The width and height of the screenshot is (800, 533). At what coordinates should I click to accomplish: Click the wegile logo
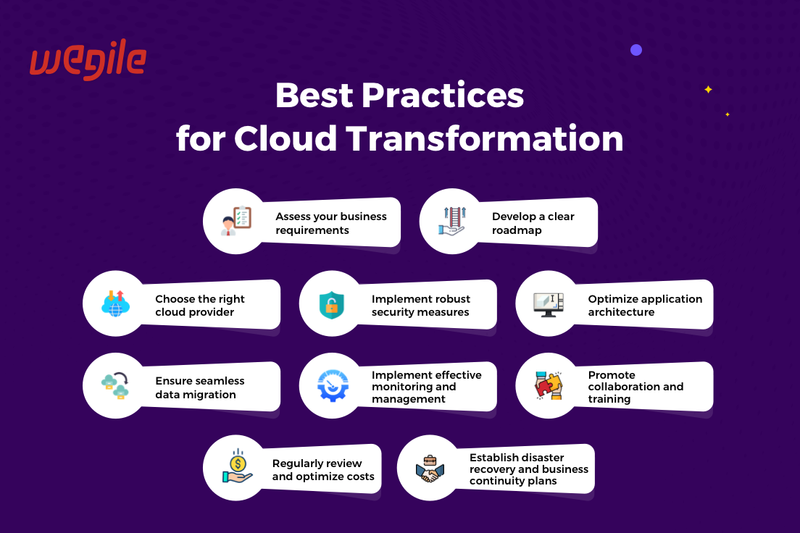(x=88, y=59)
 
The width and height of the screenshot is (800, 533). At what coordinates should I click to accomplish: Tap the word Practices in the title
(x=443, y=95)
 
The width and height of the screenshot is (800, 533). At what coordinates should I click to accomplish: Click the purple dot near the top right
(x=636, y=50)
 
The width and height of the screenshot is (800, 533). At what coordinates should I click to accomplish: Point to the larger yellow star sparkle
(x=708, y=90)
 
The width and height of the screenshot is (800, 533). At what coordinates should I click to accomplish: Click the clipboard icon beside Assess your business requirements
(x=236, y=221)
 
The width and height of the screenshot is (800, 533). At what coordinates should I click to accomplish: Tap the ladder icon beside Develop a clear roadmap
(x=452, y=221)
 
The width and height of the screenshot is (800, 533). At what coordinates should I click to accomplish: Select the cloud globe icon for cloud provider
(x=115, y=303)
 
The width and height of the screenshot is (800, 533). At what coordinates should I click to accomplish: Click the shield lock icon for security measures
(x=332, y=305)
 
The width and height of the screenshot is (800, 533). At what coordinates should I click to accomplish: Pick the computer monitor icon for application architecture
(x=549, y=304)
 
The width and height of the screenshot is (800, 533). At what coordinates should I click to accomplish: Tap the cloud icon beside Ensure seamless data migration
(x=115, y=385)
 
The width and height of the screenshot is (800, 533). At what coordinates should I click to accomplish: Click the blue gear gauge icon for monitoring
(x=332, y=385)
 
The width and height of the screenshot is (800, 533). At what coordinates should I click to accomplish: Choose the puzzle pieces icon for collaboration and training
(x=549, y=385)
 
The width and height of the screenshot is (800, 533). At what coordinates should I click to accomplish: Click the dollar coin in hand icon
(x=237, y=466)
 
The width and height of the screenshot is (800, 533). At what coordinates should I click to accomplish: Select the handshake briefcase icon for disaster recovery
(x=430, y=469)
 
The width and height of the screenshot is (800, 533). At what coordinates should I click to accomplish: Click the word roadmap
(x=517, y=230)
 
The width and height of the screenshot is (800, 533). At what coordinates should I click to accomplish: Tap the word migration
(x=210, y=395)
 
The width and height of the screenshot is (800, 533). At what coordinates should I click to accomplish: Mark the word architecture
(x=621, y=312)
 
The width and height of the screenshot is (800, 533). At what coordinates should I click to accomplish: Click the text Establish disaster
(x=517, y=458)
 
